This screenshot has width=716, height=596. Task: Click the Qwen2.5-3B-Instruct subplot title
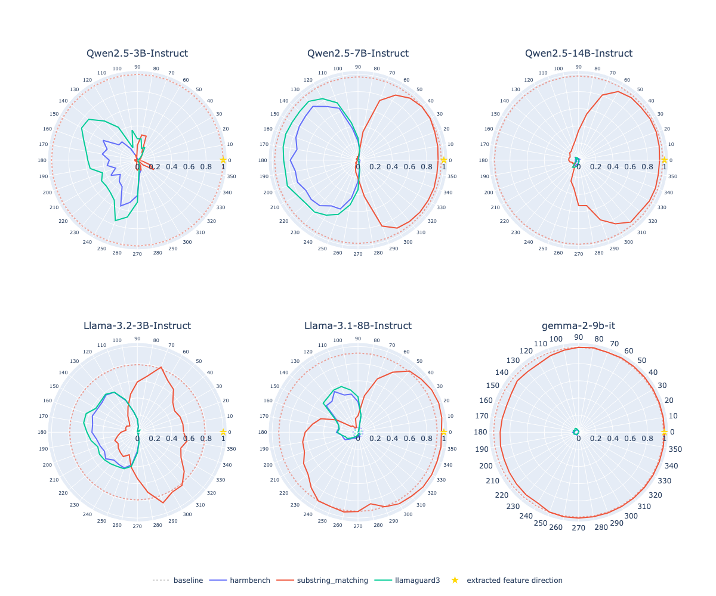pos(137,54)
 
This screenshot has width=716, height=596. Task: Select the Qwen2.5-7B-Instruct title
pos(358,54)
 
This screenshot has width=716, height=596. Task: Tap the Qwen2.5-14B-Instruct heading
pos(579,54)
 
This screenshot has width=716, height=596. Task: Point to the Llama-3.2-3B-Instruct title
pos(137,326)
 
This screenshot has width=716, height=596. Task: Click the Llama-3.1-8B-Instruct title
pos(358,326)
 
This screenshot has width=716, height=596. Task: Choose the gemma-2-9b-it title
pos(579,326)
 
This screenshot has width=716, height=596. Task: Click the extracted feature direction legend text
pos(514,581)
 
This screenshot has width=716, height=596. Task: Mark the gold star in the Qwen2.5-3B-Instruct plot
pos(223,160)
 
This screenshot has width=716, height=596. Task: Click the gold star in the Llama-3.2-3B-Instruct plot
pos(223,432)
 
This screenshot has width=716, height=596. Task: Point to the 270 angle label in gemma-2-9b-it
pos(579,528)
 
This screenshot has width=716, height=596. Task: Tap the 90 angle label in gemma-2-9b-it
pos(579,337)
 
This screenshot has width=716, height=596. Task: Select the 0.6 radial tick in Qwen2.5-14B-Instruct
pos(630,167)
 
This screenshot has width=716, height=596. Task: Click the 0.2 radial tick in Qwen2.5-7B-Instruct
pos(375,167)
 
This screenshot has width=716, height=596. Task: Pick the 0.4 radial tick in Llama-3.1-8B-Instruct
pos(392,439)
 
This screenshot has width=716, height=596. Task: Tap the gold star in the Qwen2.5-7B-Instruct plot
pos(444,160)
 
